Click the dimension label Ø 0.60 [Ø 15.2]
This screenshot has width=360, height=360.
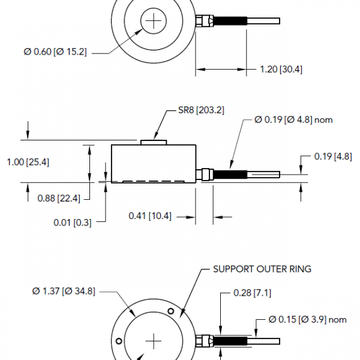56,52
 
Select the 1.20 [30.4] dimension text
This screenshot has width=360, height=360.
281,69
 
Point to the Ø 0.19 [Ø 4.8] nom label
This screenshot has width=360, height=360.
293,119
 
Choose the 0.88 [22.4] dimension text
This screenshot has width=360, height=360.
59,199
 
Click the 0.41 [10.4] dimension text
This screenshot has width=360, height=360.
150,216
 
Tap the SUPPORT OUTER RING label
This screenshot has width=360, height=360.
262,269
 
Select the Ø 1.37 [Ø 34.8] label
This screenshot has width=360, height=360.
62,292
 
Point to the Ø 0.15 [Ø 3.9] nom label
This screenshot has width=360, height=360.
308,319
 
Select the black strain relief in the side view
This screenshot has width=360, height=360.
230,175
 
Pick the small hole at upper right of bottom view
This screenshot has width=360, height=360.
172,311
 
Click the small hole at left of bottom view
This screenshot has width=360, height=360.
119,341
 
